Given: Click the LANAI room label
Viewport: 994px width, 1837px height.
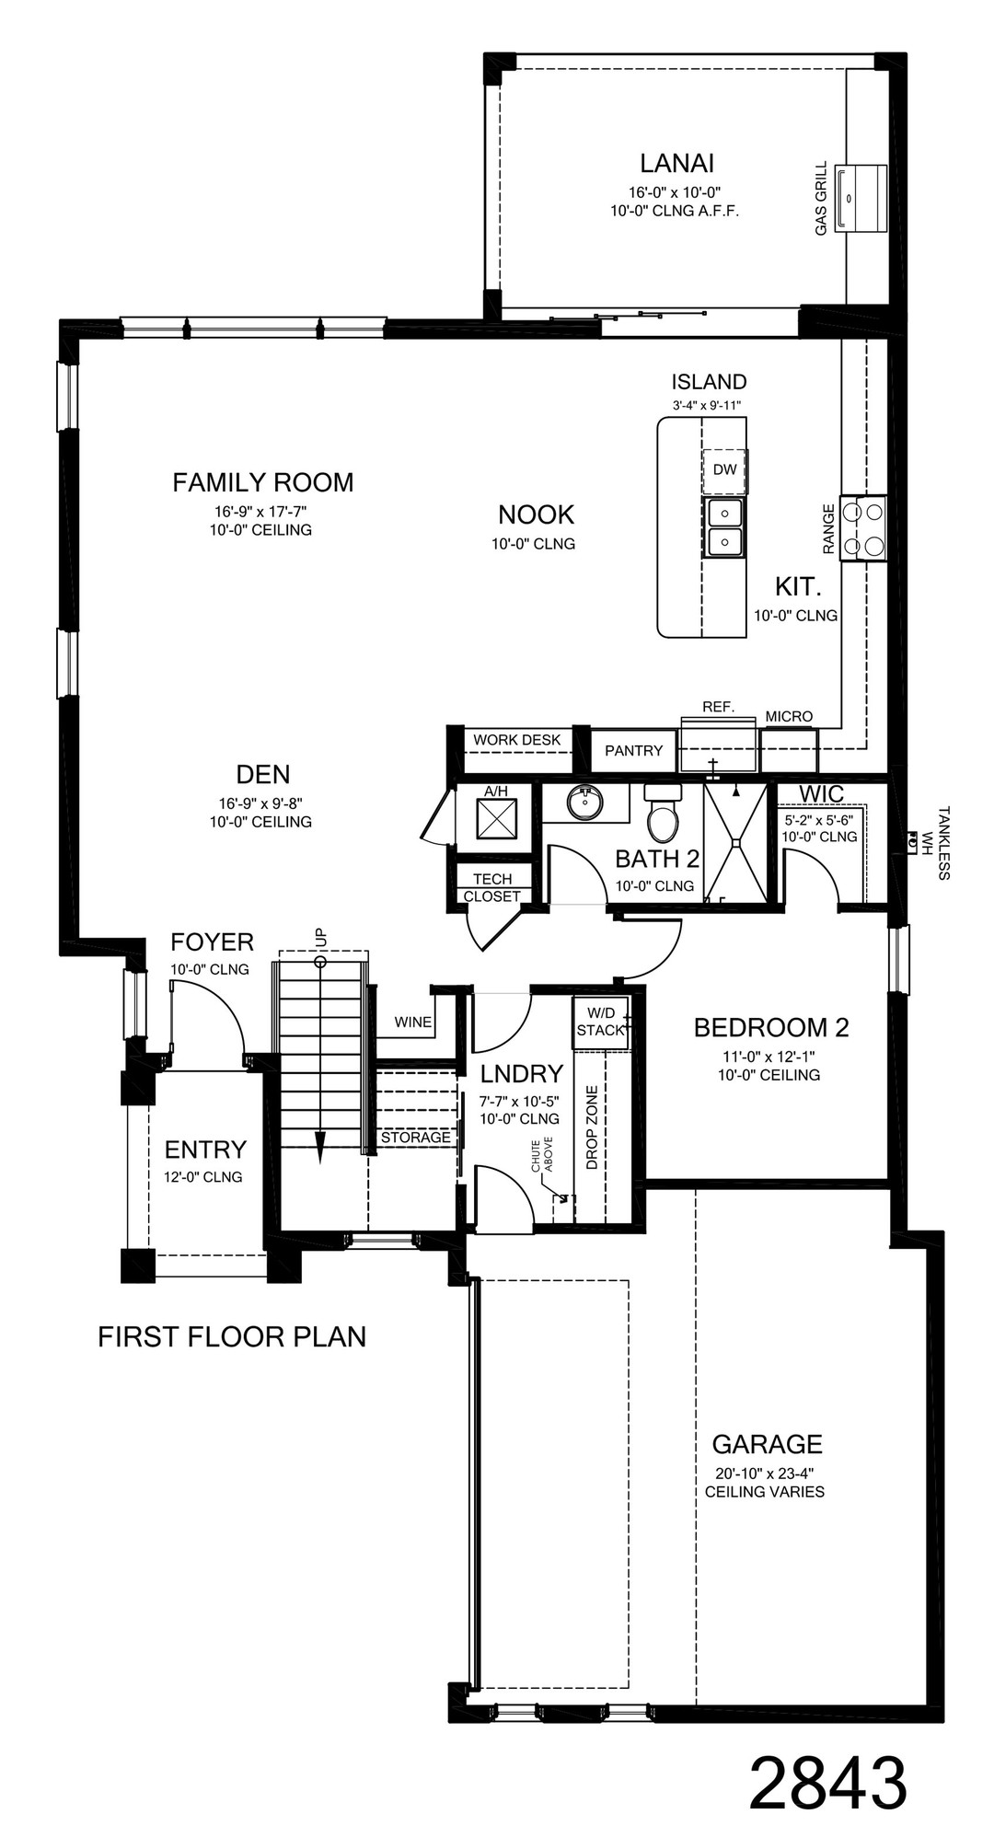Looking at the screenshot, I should pos(677,164).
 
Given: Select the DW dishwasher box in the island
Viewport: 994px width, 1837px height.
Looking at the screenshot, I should pos(724,469).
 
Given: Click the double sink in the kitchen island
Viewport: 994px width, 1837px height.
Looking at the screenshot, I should pos(725,527).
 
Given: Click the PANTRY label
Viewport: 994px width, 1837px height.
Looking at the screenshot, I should pos(633,751).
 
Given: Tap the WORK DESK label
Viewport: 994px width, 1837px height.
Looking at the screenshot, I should pos(516,740).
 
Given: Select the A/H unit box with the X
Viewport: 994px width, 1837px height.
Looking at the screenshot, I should pos(495,819).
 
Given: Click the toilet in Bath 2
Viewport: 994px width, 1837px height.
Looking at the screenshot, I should pos(661,815).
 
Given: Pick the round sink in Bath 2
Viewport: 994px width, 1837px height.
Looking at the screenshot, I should pos(584,803).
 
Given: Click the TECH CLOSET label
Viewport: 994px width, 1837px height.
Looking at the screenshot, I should pos(491,887).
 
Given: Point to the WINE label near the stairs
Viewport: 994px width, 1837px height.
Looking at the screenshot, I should pos(412,1022).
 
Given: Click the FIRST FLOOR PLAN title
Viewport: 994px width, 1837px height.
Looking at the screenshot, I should pos(232,1336).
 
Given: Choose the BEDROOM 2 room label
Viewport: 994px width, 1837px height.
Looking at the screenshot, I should pos(770,1027).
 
